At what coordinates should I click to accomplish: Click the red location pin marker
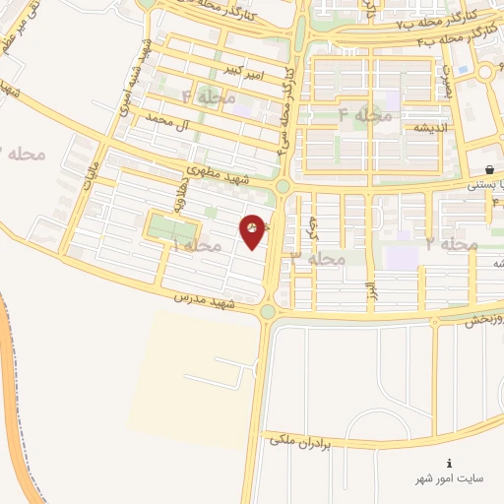coord(254,231)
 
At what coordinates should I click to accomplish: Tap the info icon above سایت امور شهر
coord(450,463)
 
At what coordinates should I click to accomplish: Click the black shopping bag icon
coord(489,169)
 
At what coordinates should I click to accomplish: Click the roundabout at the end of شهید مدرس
coord(268,312)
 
